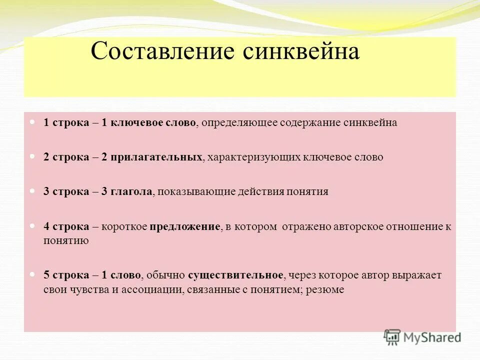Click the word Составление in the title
tap(162, 52)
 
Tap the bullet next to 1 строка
tap(33, 122)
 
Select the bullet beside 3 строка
tap(33, 190)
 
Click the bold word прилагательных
tap(159, 157)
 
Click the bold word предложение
tap(184, 226)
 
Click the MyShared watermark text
tap(432, 337)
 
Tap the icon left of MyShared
tap(392, 337)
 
